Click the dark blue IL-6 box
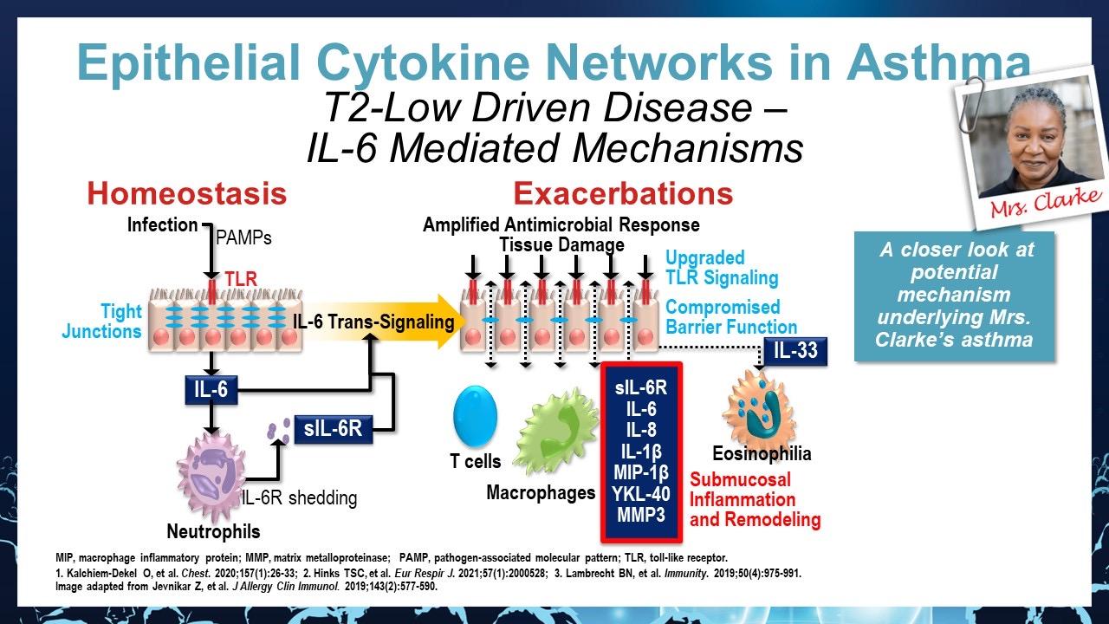click(211, 390)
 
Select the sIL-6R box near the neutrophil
click(333, 429)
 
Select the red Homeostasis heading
click(186, 193)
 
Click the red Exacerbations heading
click(623, 193)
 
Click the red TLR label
click(241, 279)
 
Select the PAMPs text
click(243, 237)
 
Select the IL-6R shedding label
click(299, 498)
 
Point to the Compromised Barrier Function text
click(731, 317)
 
